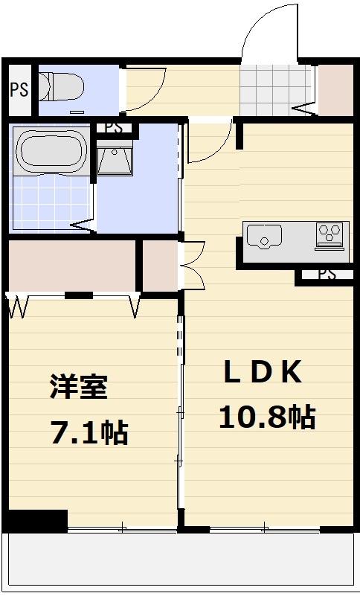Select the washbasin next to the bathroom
point(114,161)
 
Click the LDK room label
point(263,373)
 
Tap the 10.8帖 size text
point(266,417)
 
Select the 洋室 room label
point(79,387)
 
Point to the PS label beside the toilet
point(19,90)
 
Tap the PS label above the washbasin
point(114,128)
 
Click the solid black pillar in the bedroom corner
point(37,519)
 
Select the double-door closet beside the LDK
point(159,265)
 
